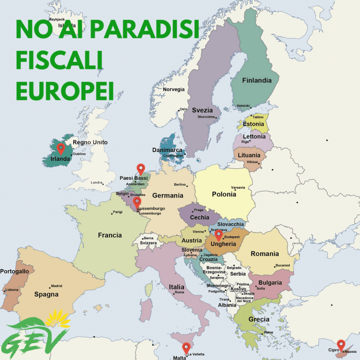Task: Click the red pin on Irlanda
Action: click(60, 149)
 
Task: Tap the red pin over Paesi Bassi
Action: click(140, 168)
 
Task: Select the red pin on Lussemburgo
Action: click(137, 202)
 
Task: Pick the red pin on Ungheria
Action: click(218, 234)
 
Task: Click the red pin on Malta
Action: click(186, 347)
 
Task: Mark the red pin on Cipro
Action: click(341, 345)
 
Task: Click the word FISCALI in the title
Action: click(60, 61)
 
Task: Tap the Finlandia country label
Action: click(256, 80)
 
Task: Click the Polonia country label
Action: click(224, 194)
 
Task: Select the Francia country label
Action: click(110, 235)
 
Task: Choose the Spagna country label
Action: click(46, 294)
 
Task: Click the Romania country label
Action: click(264, 254)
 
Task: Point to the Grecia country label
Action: click(259, 319)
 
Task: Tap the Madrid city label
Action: click(56, 285)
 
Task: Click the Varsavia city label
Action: click(238, 187)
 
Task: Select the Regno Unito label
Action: click(90, 142)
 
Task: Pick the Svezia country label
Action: click(202, 110)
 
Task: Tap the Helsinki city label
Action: click(243, 105)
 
